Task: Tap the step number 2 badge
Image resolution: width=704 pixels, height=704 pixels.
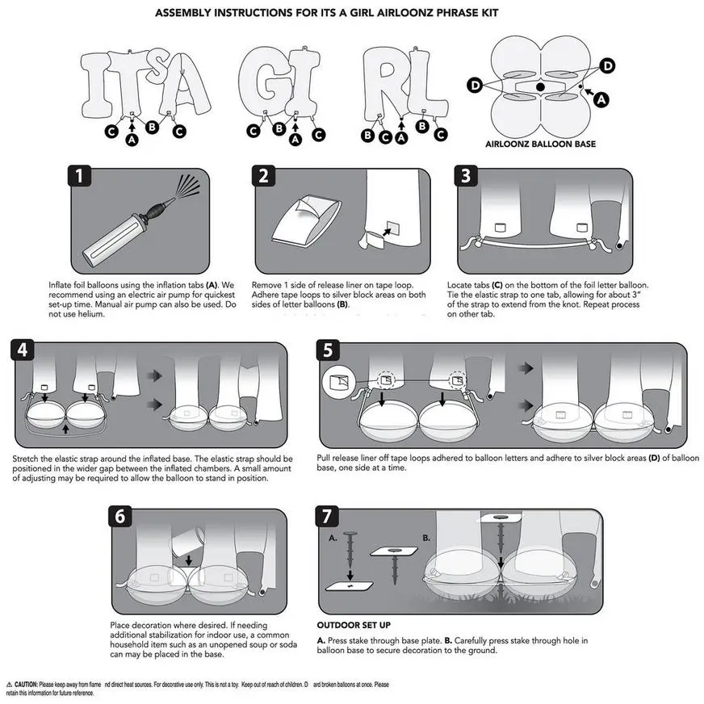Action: tap(265, 177)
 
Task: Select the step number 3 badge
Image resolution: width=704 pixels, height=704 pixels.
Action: tap(466, 177)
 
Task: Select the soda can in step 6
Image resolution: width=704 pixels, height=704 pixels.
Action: tap(186, 538)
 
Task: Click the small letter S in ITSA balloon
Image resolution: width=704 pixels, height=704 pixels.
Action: tap(141, 61)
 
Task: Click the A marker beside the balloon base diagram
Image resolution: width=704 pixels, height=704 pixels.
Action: tap(599, 98)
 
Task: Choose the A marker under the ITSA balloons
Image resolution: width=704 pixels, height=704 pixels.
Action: tap(132, 139)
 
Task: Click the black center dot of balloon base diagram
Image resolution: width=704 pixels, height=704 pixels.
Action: tap(539, 86)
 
